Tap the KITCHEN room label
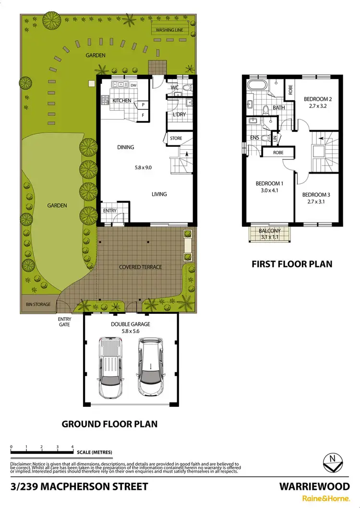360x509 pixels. (121, 100)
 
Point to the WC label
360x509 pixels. (175, 88)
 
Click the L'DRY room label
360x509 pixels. (179, 115)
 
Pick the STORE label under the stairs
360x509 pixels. (176, 139)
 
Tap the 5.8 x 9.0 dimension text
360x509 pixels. (143, 168)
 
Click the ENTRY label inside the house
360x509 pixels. (110, 211)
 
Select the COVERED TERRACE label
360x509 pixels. (141, 267)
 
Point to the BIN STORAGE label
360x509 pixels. (38, 304)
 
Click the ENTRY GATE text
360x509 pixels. (64, 322)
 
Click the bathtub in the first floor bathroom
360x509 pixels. (255, 86)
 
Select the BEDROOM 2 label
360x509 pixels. (318, 99)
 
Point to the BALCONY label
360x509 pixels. (268, 231)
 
